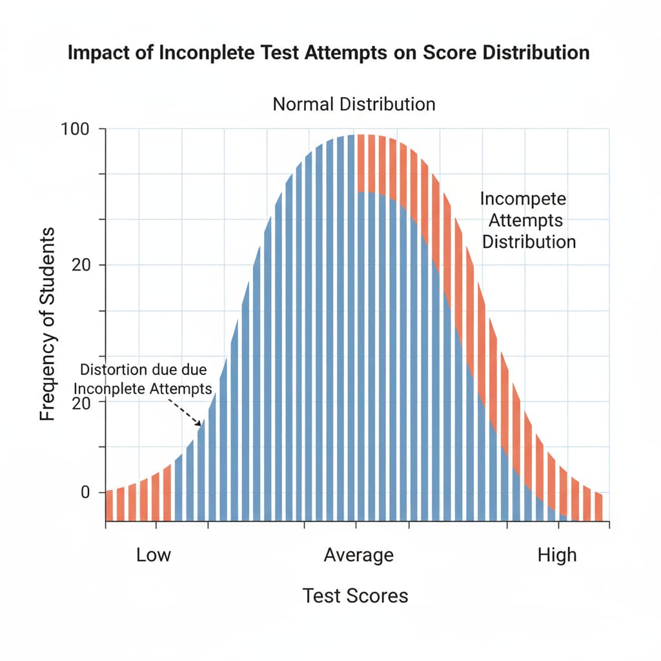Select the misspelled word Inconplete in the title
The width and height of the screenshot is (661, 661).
tap(206, 53)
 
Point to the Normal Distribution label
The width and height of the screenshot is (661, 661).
tap(354, 104)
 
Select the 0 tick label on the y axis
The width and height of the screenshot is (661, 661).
tap(85, 492)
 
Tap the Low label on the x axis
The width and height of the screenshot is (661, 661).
tap(154, 555)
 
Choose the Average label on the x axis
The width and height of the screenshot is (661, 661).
tap(358, 555)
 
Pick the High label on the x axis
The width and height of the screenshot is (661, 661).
tap(557, 555)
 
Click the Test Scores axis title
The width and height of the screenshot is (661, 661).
tap(355, 595)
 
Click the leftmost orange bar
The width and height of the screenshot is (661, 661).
tap(108, 505)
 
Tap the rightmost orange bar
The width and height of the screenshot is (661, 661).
tap(598, 507)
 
